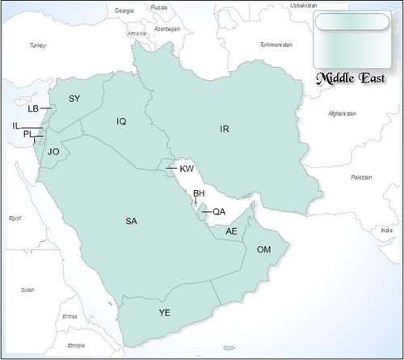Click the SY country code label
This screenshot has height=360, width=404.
[74, 99]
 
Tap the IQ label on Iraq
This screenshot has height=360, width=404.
[121, 121]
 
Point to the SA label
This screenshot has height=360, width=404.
[131, 220]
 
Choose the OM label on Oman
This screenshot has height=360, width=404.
[263, 249]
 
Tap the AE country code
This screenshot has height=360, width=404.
[232, 231]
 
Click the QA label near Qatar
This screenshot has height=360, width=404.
[218, 212]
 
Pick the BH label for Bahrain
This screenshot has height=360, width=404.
[199, 193]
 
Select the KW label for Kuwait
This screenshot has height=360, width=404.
[187, 168]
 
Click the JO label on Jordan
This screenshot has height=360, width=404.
[54, 151]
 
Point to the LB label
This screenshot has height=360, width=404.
[33, 108]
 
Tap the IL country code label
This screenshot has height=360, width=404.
[16, 125]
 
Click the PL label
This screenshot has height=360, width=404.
[28, 134]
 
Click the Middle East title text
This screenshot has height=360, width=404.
[349, 78]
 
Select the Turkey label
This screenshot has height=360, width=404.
[38, 46]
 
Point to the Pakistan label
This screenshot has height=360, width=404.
[361, 176]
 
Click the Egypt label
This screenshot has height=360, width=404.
[14, 218]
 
